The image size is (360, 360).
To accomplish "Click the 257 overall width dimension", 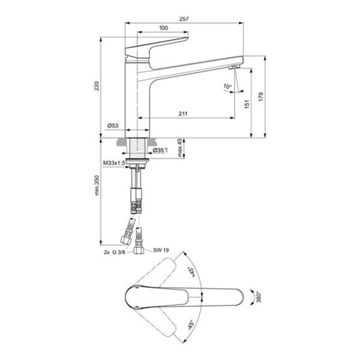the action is pyautogui.click(x=184, y=19).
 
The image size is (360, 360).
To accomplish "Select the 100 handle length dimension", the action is pyautogui.click(x=163, y=28).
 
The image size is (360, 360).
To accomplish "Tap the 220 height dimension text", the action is pyautogui.click(x=97, y=86).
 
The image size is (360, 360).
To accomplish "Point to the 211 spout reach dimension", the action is pyautogui.click(x=183, y=113).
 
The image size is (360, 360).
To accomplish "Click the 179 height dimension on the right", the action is pyautogui.click(x=261, y=97).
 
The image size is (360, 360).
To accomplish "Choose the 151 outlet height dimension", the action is pyautogui.click(x=247, y=104).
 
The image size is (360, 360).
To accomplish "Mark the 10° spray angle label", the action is pyautogui.click(x=228, y=86).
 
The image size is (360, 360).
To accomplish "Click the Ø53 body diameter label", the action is pyautogui.click(x=113, y=125).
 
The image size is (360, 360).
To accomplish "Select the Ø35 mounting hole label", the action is pyautogui.click(x=160, y=151).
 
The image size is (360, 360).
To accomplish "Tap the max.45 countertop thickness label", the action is pyautogui.click(x=180, y=148).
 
